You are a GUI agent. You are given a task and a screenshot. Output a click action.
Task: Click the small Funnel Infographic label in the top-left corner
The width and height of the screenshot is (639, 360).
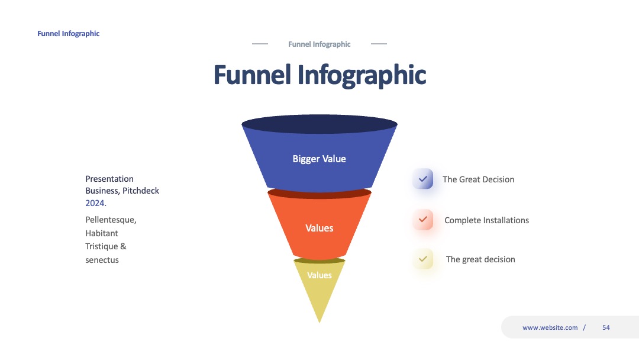point(69,33)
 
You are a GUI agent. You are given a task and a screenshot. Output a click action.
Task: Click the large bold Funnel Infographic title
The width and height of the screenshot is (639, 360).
point(320,75)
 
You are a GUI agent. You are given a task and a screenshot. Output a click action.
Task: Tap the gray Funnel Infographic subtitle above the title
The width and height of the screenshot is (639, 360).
point(319,44)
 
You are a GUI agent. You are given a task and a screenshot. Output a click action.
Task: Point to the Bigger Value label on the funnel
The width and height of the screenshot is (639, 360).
point(319,159)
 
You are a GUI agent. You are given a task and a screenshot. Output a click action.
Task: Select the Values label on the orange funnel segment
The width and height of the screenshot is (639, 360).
point(319,228)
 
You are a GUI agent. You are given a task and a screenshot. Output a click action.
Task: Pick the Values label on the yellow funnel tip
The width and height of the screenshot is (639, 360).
point(319,275)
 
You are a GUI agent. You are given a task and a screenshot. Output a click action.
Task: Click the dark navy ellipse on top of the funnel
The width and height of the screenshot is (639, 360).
point(319,124)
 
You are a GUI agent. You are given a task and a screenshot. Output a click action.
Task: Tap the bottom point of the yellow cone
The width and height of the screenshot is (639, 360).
point(319,323)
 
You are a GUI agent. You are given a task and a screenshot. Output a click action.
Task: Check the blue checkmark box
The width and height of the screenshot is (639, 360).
point(422,179)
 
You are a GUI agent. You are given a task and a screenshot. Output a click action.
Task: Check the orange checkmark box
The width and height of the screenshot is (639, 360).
point(422,219)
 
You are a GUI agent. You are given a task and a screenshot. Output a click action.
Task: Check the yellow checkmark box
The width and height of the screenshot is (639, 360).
point(422,259)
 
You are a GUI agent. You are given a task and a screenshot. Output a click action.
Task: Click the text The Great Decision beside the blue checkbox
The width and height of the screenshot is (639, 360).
point(479,179)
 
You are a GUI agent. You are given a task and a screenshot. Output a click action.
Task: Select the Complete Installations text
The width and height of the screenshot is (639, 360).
point(486,220)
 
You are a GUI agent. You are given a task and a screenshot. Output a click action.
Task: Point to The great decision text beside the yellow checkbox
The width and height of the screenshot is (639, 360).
point(480,259)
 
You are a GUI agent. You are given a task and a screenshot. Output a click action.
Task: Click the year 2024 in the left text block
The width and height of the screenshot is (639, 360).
point(96,203)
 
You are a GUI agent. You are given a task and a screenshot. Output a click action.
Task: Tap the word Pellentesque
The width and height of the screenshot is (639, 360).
point(111,220)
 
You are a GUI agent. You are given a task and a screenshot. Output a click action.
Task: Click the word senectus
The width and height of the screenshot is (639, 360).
point(102,260)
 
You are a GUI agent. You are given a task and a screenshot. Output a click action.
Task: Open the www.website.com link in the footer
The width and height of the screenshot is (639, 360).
point(550,327)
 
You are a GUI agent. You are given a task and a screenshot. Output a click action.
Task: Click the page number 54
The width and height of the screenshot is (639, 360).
point(606,327)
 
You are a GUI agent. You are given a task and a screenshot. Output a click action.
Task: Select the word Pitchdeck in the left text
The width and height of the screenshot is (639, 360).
point(141,191)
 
